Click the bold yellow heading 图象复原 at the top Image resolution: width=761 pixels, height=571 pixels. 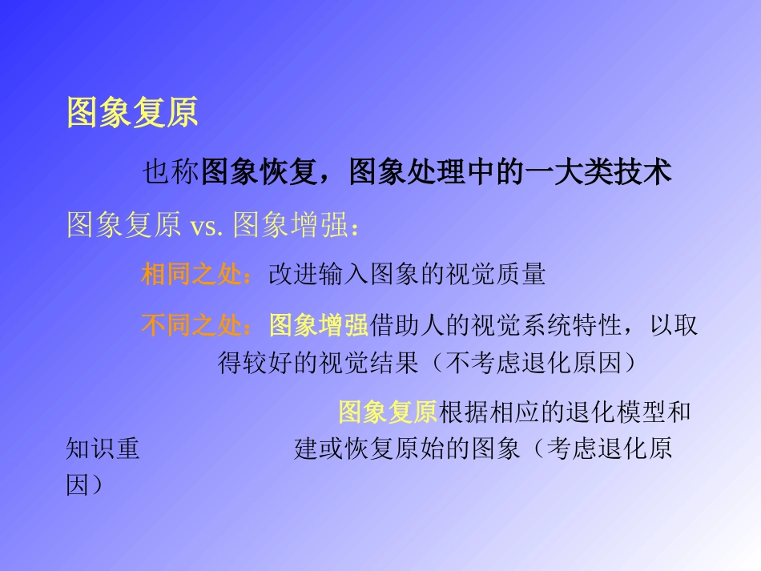pos(132,114)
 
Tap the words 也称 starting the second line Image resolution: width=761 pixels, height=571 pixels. pos(171,172)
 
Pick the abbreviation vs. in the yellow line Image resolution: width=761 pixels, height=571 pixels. pos(207,227)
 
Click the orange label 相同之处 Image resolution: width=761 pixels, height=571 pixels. pos(191,275)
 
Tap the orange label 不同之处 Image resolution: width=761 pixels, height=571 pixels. pos(191,325)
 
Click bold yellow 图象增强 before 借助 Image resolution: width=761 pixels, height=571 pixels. pos(318,325)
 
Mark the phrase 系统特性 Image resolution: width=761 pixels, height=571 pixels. pos(572,325)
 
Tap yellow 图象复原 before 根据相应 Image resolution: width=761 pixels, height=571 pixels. pos(388,412)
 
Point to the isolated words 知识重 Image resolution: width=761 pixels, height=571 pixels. pos(103,448)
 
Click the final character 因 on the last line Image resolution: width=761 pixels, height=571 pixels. pos(78,485)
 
